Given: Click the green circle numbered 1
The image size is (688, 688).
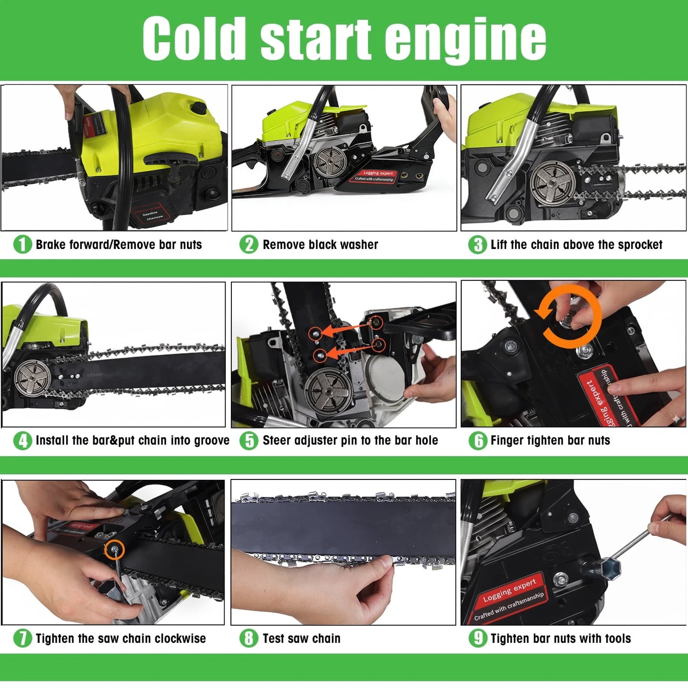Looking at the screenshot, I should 22,245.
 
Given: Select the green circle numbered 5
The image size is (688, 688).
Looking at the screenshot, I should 249,441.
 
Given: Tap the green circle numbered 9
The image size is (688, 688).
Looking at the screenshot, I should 478,638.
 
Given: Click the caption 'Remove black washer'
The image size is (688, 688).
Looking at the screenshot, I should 320,245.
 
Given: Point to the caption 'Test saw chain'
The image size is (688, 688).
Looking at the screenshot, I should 301,638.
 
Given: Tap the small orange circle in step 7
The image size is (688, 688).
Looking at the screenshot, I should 115,550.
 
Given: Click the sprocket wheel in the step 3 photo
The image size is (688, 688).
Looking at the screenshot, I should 553,182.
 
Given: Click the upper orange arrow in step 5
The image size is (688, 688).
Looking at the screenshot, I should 345,329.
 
